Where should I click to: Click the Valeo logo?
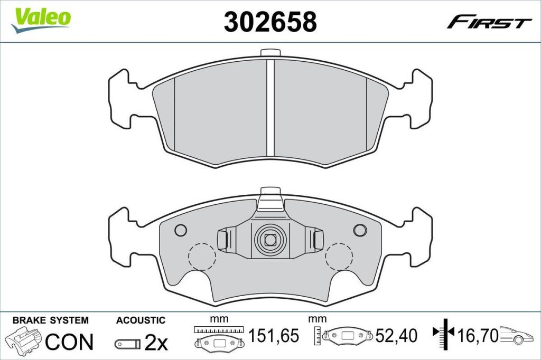click(x=41, y=20)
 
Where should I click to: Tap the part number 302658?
click(x=270, y=22)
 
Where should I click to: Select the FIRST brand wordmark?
click(x=489, y=22)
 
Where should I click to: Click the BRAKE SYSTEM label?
click(x=50, y=320)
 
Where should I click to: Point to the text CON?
click(x=69, y=342)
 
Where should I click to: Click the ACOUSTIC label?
click(x=141, y=320)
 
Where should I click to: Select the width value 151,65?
click(x=274, y=336)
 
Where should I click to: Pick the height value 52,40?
click(x=396, y=336)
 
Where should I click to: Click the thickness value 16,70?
click(x=478, y=336)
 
